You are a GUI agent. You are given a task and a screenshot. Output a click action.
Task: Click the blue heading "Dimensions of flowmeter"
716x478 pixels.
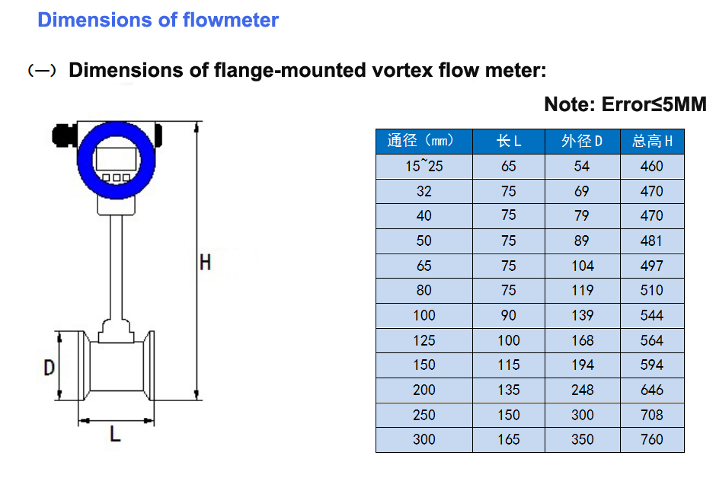pos(158,20)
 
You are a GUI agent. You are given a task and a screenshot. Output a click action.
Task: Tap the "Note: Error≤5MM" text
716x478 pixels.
pos(625,104)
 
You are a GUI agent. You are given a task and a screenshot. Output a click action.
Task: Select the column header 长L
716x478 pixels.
pos(508,141)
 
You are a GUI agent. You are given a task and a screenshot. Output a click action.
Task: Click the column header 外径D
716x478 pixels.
pos(582,141)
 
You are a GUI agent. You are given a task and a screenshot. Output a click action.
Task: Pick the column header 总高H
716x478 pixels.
pos(652,141)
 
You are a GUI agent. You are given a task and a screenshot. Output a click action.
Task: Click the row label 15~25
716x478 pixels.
pos(424,166)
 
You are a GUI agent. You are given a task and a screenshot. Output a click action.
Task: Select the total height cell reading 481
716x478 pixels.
pos(652,241)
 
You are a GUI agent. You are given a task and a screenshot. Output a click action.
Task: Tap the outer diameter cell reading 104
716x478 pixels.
pos(582,266)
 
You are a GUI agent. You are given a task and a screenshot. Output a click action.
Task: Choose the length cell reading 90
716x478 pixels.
pos(508,315)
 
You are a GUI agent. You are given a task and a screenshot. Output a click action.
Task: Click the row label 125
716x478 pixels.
pos(424,340)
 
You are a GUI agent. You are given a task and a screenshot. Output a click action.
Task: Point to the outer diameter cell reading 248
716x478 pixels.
pos(582,390)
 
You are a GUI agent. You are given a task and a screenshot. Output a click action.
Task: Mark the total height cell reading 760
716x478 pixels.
pos(652,439)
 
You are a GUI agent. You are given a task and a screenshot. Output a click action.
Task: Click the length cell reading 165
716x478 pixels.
pos(508,439)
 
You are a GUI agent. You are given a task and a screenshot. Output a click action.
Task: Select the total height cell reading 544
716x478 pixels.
pos(652,315)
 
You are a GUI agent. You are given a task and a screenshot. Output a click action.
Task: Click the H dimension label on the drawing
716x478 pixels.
pos(205,263)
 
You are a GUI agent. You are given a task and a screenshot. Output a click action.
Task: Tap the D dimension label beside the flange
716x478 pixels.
pos(49,368)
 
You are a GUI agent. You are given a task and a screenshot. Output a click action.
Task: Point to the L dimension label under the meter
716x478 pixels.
pos(115,435)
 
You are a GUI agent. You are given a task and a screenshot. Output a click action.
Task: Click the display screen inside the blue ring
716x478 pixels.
pos(116,158)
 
